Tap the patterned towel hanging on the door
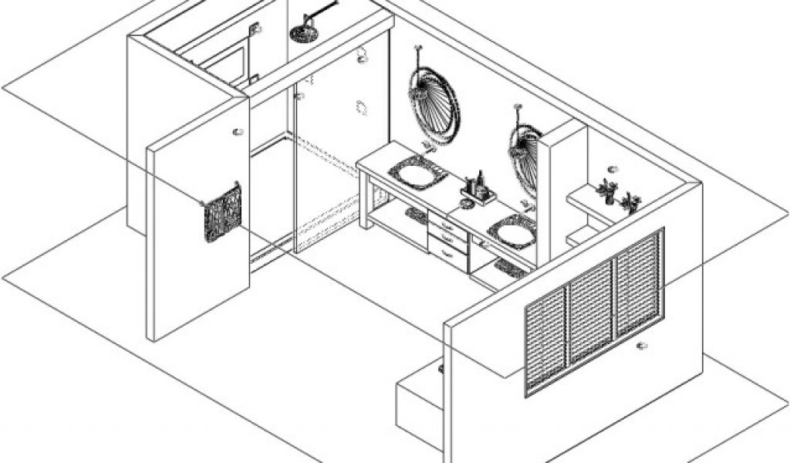(222, 212)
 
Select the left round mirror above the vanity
(434, 106)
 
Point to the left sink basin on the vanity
(417, 174)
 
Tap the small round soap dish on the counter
(466, 204)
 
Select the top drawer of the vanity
(447, 226)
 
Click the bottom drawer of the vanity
(447, 255)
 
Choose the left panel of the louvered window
(546, 340)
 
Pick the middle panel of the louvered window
(591, 313)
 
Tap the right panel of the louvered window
(638, 282)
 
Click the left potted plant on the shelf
(607, 191)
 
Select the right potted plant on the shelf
(631, 202)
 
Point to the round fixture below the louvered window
(641, 346)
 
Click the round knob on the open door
(238, 132)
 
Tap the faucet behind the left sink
(429, 147)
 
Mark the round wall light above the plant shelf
(612, 169)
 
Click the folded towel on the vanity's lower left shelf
(417, 215)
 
